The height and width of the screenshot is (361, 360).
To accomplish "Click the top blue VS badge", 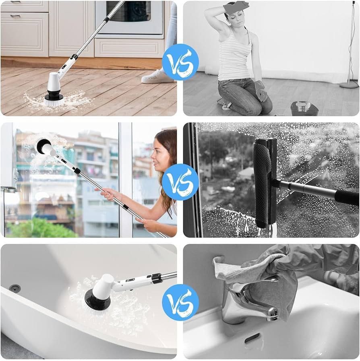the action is tap(180, 62).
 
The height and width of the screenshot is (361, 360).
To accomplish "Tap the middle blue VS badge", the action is tap(180, 182).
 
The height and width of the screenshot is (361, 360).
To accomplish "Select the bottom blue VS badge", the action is tap(180, 302).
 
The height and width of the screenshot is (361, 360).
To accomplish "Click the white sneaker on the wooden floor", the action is tap(157, 76).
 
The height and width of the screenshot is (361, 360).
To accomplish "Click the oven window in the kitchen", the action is tap(128, 11).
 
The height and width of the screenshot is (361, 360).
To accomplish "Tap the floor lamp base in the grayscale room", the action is tap(349, 85).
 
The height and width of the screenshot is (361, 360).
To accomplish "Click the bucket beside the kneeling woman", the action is tap(304, 108).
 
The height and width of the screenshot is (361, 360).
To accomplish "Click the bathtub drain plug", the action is tap(15, 288).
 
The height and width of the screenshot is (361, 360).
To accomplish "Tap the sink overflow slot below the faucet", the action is tap(252, 338).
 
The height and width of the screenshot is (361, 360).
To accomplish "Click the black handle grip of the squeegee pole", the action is tap(347, 197).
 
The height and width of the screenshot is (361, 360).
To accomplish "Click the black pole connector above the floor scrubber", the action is tap(74, 57).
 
